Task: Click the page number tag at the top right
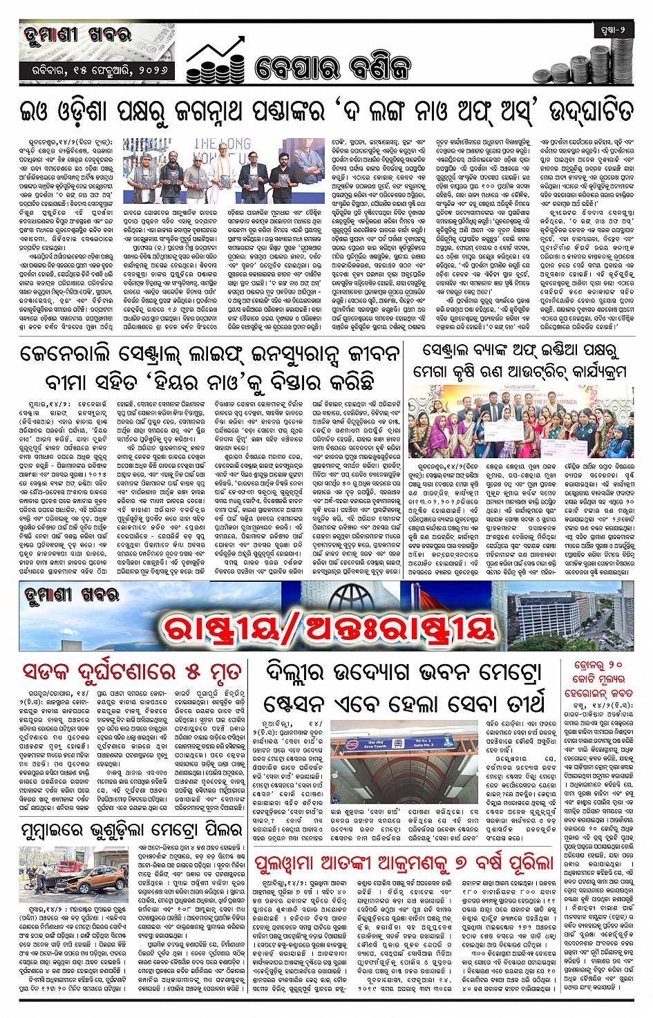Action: [613, 30]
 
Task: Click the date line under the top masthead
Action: [96, 70]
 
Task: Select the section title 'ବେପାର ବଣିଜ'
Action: [332, 68]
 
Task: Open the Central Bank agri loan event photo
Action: [522, 422]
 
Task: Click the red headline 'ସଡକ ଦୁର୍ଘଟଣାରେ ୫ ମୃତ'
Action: [131, 671]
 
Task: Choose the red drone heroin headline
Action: [598, 679]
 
